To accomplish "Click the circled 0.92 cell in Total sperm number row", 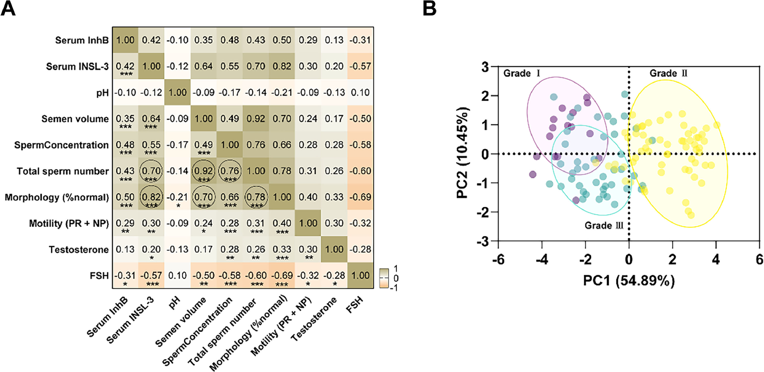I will click(203, 171).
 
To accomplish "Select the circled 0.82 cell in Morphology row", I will click(151, 197).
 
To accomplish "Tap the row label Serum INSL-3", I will click(77, 67).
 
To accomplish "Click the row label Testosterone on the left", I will click(79, 249).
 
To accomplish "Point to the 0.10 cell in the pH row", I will click(360, 92).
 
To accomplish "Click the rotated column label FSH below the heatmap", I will click(355, 305).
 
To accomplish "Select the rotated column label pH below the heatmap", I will click(175, 303).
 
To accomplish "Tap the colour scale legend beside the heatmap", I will click(384, 278).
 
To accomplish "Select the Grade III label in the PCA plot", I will click(604, 225).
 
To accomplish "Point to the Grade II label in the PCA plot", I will click(668, 73).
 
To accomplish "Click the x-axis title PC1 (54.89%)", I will click(629, 280).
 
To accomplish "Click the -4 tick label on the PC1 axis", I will click(542, 260).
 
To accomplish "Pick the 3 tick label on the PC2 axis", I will click(485, 67).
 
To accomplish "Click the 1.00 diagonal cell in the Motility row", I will click(308, 223).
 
